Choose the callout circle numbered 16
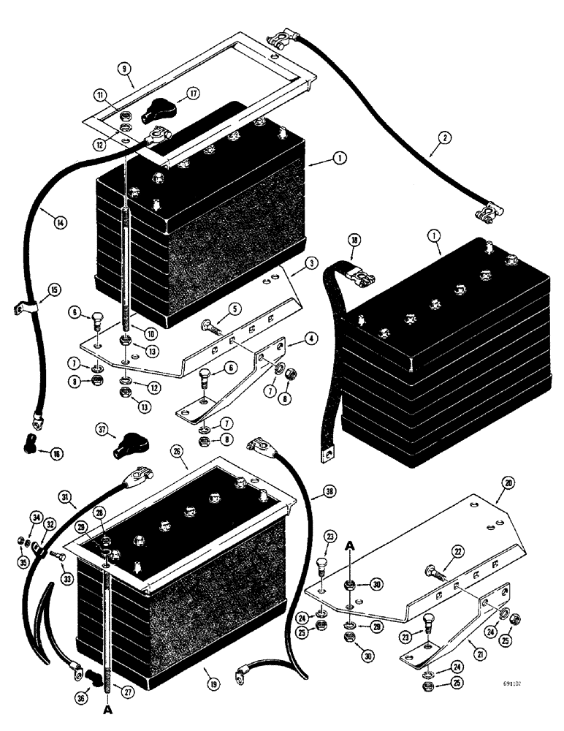point(55,453)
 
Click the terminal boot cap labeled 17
point(155,113)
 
